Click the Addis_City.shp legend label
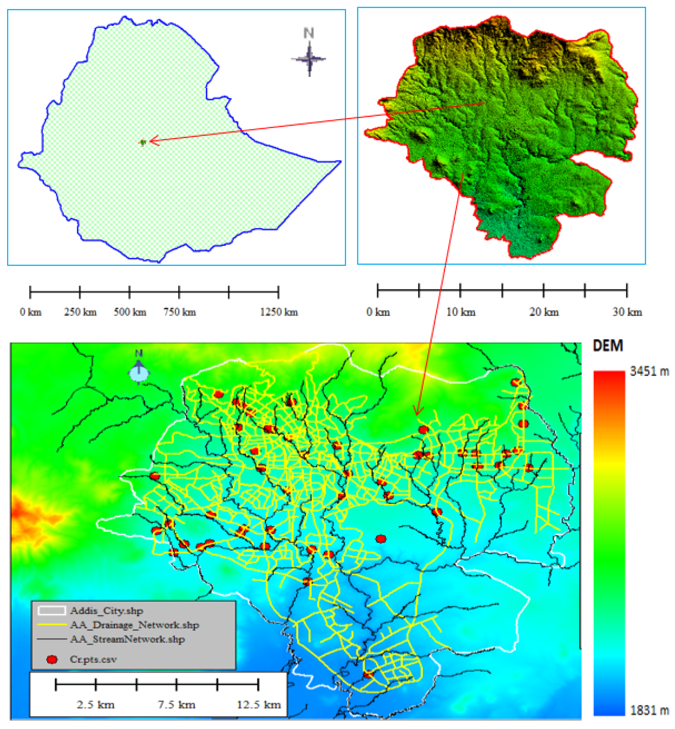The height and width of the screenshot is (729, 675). pyautogui.click(x=107, y=611)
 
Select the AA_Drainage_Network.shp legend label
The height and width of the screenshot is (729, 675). pyautogui.click(x=134, y=625)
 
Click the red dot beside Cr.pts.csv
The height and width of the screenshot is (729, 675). pyautogui.click(x=52, y=660)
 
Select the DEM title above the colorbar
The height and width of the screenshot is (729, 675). pyautogui.click(x=608, y=346)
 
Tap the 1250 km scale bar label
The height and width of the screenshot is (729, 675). pyautogui.click(x=279, y=312)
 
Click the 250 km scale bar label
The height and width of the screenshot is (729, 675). pyautogui.click(x=80, y=312)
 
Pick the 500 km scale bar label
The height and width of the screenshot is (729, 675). pyautogui.click(x=130, y=312)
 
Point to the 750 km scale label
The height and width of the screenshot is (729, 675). pyautogui.click(x=179, y=312)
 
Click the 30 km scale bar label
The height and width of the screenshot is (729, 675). pyautogui.click(x=627, y=312)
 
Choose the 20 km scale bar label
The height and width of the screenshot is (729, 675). pyautogui.click(x=544, y=312)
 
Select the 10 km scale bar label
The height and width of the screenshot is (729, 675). pyautogui.click(x=461, y=312)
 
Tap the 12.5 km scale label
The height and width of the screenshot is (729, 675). pyautogui.click(x=259, y=705)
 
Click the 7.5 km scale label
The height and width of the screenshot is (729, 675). pyautogui.click(x=177, y=705)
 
